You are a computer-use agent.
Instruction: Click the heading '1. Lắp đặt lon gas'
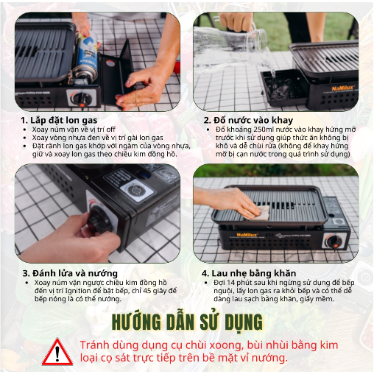click(59, 120)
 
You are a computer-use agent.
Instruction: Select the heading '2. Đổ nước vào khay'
click(248, 120)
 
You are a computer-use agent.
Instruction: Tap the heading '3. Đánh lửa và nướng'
click(70, 273)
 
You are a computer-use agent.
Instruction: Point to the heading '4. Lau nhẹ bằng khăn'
click(249, 273)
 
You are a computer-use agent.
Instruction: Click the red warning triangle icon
click(57, 352)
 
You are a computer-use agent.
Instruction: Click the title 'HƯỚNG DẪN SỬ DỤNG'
click(187, 322)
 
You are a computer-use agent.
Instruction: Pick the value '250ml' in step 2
click(264, 130)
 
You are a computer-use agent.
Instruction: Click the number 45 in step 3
click(147, 291)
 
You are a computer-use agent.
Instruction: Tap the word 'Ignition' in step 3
click(78, 291)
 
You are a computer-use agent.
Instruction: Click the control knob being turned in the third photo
click(100, 220)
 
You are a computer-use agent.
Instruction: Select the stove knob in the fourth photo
click(334, 241)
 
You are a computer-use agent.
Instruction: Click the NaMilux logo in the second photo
click(343, 88)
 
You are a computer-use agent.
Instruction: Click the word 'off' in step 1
click(111, 129)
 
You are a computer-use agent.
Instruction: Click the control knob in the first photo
click(82, 98)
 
